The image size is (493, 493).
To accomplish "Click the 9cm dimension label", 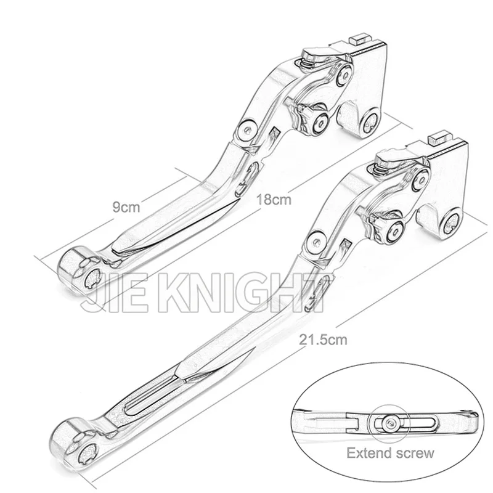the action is [x=126, y=207].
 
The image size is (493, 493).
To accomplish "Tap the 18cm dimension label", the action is [x=274, y=199].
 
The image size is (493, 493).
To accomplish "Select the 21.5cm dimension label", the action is [x=323, y=340].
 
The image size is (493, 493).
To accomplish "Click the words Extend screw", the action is [x=390, y=453].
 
